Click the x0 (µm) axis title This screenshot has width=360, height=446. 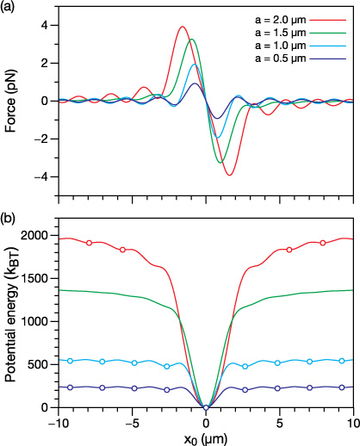click(x=206, y=438)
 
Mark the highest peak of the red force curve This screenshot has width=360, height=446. click(x=182, y=27)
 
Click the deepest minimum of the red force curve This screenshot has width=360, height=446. click(x=229, y=175)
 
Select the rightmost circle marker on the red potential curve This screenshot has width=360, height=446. click(x=323, y=243)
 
